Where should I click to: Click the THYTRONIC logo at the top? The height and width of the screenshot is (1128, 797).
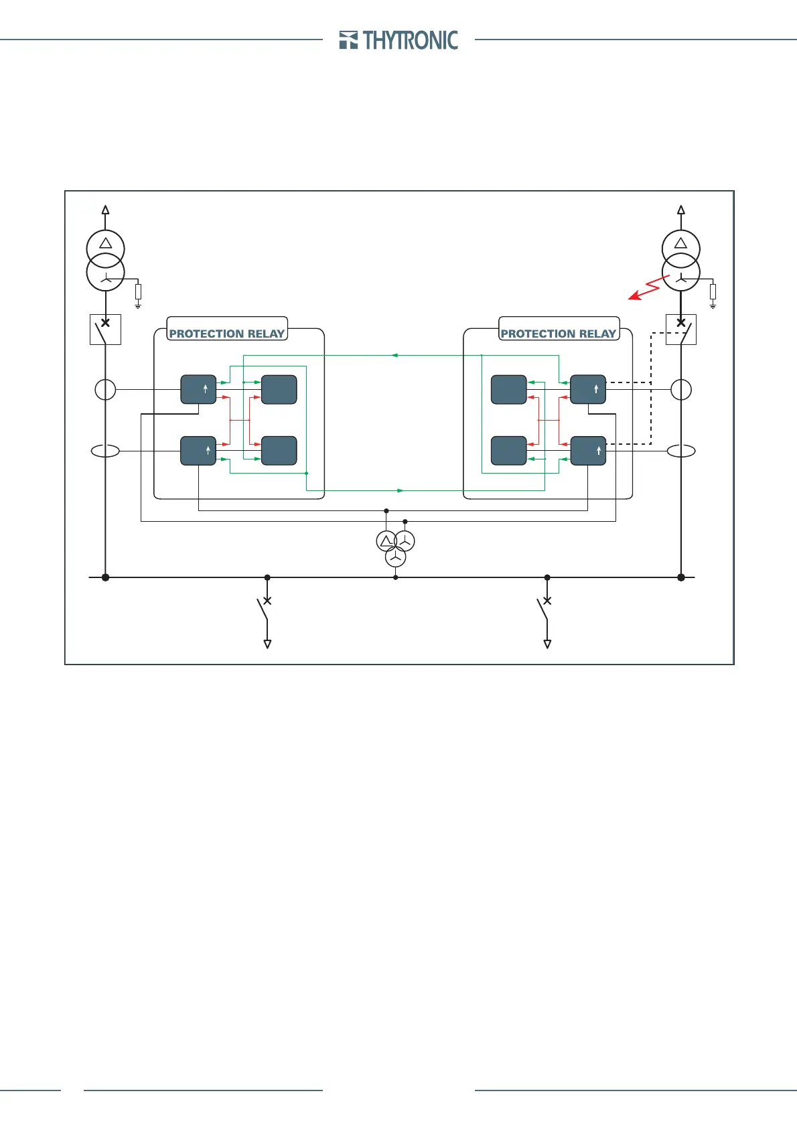(x=399, y=40)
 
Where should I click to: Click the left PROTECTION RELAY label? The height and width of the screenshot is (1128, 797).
(x=227, y=333)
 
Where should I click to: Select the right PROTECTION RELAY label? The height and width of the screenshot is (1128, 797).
(x=559, y=333)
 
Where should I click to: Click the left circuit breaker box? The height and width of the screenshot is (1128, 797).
(x=105, y=330)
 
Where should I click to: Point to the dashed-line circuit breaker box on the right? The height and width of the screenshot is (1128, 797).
(x=681, y=330)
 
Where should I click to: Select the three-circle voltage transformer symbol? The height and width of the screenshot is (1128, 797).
(x=396, y=547)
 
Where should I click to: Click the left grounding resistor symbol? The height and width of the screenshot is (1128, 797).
(x=138, y=292)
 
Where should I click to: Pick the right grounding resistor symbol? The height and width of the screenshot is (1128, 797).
(x=713, y=292)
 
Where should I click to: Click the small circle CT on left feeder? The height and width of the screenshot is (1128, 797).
(x=105, y=389)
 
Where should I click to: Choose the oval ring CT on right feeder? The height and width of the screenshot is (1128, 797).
(x=681, y=451)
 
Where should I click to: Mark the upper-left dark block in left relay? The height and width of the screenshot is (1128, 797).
(x=198, y=389)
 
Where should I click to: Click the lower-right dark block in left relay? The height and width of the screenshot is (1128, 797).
(x=279, y=451)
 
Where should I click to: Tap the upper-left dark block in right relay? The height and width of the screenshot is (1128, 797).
(x=509, y=389)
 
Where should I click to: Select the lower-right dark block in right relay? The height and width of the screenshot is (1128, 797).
(x=588, y=451)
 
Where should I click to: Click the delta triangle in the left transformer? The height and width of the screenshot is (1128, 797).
(x=105, y=242)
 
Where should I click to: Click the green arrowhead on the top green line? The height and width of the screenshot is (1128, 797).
(x=395, y=355)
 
